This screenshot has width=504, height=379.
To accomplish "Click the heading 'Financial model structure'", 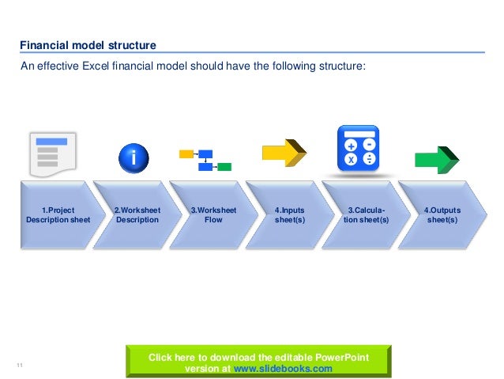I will point(88,45).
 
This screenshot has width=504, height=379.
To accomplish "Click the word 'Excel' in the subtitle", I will point(92,66).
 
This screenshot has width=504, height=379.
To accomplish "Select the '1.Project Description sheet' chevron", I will point(58,215).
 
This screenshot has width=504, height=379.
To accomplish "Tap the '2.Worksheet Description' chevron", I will point(137,215).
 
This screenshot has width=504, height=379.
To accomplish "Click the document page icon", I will point(52,154).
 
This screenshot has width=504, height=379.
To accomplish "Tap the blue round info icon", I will point(134,158).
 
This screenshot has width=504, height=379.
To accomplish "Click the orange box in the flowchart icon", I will point(186,153).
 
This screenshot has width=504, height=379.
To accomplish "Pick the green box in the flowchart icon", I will point(224,167).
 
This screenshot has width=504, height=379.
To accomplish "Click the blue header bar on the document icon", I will point(52,142).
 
